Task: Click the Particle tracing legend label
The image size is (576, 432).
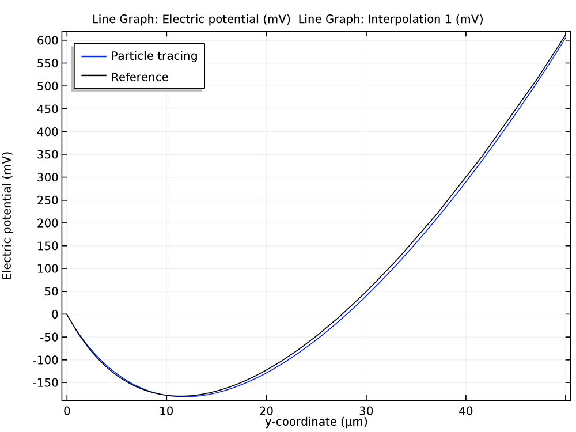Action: tap(154, 56)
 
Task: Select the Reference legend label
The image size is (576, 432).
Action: tap(139, 77)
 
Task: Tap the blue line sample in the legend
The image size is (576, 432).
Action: tap(94, 56)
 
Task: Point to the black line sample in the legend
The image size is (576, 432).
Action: tap(94, 75)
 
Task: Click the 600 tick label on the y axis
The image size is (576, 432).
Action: tap(48, 40)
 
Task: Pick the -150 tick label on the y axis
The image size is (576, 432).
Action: tap(46, 383)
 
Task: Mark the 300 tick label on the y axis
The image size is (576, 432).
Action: tap(48, 177)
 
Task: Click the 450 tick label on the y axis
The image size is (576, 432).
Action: tap(48, 109)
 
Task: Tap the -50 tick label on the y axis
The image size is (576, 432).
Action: tap(48, 338)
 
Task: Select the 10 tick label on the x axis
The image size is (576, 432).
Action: tap(166, 411)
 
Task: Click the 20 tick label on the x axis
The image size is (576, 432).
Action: tap(266, 411)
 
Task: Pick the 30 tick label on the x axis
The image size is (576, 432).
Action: tap(366, 411)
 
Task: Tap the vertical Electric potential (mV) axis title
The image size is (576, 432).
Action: tap(7, 215)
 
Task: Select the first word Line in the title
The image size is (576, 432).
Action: tap(104, 19)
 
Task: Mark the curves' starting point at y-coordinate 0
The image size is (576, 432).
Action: tap(67, 314)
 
